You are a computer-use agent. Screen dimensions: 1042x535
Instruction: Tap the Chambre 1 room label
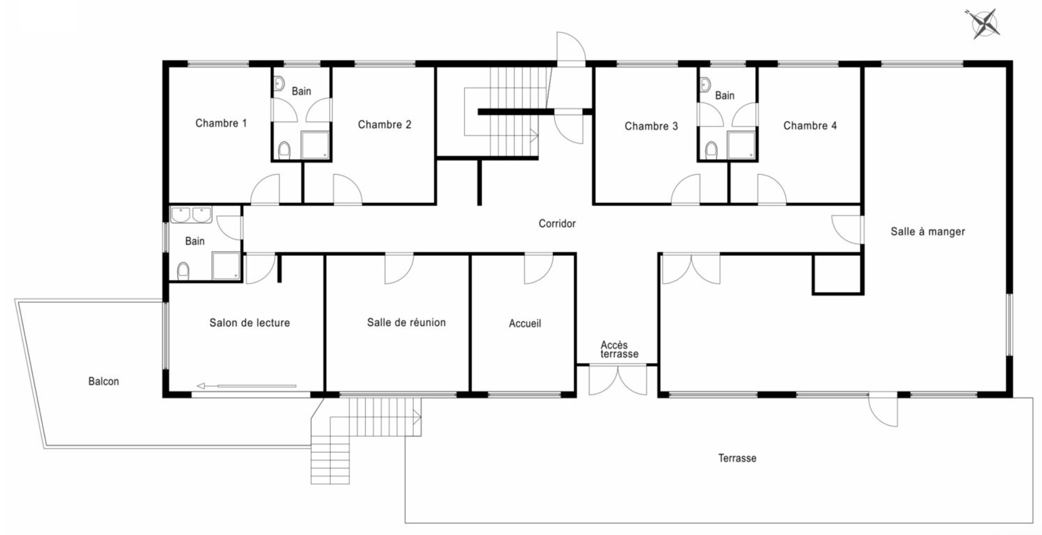221,123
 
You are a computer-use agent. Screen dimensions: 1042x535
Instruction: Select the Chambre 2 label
384,124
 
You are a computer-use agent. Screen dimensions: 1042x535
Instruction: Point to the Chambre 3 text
651,126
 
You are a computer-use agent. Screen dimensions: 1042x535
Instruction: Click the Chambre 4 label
810,125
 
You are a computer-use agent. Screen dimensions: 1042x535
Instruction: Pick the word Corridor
557,223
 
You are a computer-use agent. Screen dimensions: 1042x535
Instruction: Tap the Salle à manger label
928,231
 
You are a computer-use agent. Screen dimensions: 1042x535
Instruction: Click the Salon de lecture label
250,323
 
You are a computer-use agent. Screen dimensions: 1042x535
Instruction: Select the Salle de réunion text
406,322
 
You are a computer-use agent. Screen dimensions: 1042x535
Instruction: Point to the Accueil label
525,323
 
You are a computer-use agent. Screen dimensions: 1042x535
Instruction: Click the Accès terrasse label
619,349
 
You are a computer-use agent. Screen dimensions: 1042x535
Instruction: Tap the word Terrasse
737,458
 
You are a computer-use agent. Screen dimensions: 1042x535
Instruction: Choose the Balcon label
104,381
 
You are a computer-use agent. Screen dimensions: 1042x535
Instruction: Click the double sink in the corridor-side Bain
191,214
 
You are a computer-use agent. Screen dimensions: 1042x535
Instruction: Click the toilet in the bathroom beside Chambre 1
285,150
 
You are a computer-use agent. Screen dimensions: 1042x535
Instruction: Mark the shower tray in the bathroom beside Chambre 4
741,145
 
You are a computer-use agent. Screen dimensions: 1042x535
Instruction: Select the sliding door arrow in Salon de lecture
246,386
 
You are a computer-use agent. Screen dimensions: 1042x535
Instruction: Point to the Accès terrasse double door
618,380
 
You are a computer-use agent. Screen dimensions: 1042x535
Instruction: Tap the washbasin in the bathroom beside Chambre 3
705,84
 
